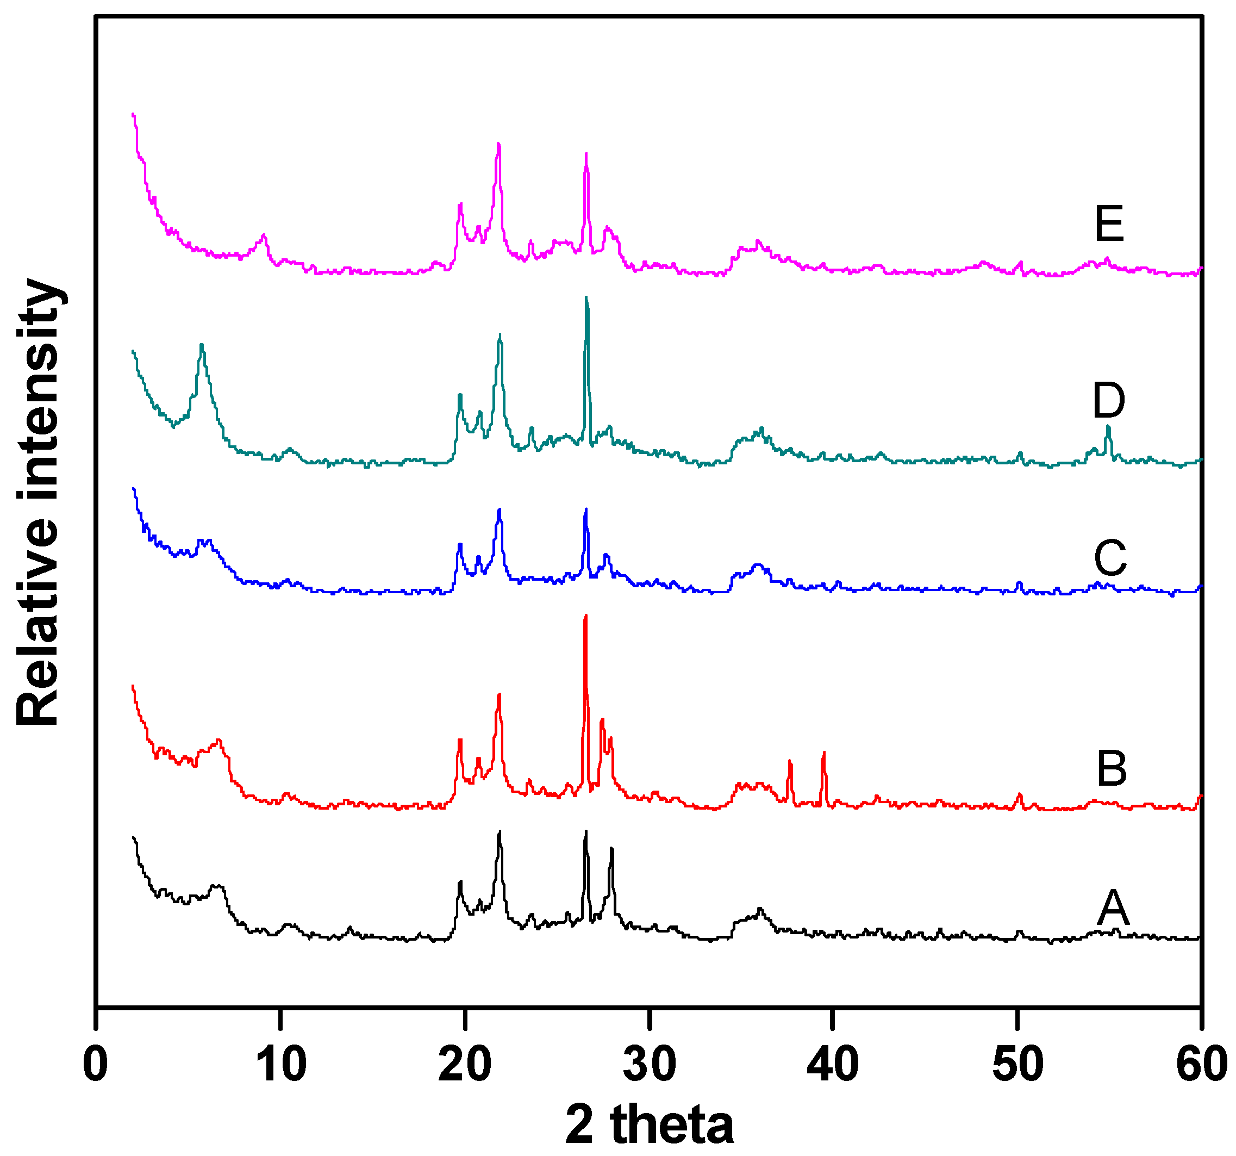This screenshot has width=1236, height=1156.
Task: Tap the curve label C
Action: click(1110, 558)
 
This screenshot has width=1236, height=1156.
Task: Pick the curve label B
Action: click(1111, 769)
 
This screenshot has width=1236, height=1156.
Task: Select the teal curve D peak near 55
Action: click(1107, 428)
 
